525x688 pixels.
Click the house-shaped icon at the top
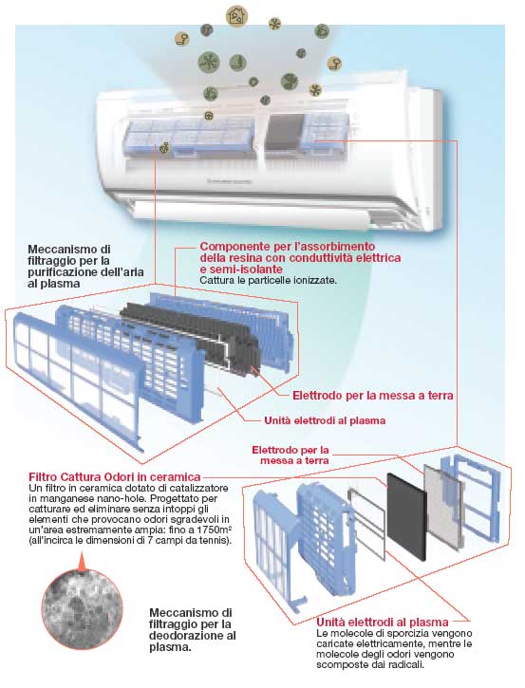point(236,16)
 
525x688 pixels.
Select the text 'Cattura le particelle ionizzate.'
point(269,280)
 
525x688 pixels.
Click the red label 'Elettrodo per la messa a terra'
point(373,396)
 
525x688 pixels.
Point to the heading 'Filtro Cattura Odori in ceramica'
point(115,476)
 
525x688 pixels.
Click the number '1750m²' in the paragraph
point(215,530)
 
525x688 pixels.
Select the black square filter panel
point(406,517)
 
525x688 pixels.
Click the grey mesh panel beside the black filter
point(443,507)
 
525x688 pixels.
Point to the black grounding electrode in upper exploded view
point(191,336)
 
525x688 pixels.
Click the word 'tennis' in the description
point(216,540)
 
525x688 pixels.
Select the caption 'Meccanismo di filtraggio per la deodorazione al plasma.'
point(193,630)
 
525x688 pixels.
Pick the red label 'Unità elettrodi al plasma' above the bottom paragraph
point(383,622)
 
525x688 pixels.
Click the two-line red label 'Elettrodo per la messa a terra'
point(291,455)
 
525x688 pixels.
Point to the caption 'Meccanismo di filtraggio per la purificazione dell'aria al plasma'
point(85,267)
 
